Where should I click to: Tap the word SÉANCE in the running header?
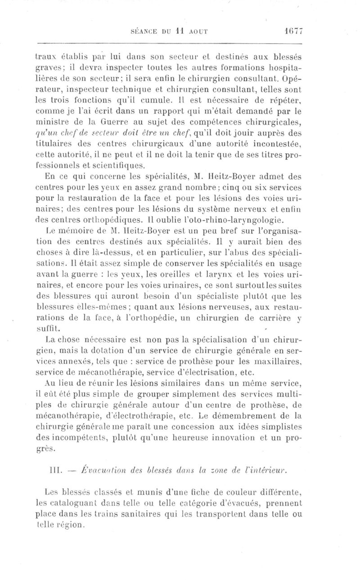[x=143, y=32]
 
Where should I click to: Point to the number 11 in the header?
[x=179, y=32]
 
